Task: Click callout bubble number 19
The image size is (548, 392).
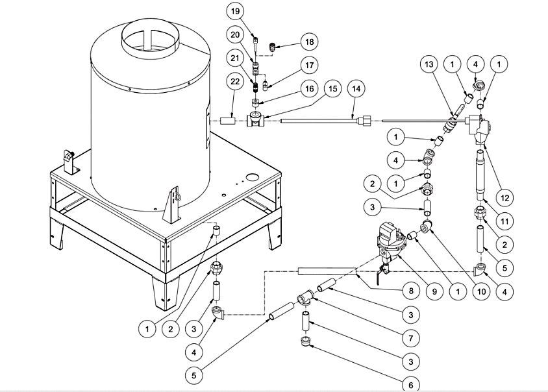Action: [235, 11]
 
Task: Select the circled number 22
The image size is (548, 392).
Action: [235, 81]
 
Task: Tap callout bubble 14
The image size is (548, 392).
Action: [356, 89]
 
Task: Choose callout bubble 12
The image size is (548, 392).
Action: [504, 198]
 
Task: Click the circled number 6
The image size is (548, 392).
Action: [410, 384]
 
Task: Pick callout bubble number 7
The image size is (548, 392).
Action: [410, 338]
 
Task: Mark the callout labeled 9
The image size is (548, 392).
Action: [434, 291]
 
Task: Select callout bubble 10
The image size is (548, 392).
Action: [481, 291]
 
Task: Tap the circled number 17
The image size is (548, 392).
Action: [309, 65]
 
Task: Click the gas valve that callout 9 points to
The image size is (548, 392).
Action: [389, 245]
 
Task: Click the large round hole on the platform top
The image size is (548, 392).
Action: [252, 177]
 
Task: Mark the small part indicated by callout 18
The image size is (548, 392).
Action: [271, 47]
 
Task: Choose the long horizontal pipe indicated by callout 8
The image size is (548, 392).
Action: [327, 271]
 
